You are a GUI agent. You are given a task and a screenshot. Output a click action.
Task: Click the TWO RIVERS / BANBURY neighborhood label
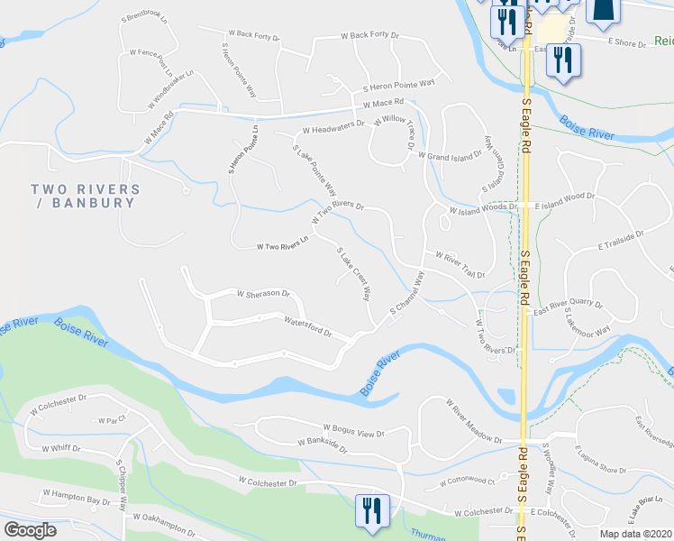[86, 196]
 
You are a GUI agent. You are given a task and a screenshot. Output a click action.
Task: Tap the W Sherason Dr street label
[263, 294]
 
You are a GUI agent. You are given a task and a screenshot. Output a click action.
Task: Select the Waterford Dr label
[308, 326]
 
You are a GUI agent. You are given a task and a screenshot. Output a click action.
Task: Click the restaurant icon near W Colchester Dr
[371, 509]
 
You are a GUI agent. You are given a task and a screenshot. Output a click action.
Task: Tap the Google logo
[30, 530]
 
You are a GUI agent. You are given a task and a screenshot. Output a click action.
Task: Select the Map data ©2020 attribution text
[635, 534]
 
